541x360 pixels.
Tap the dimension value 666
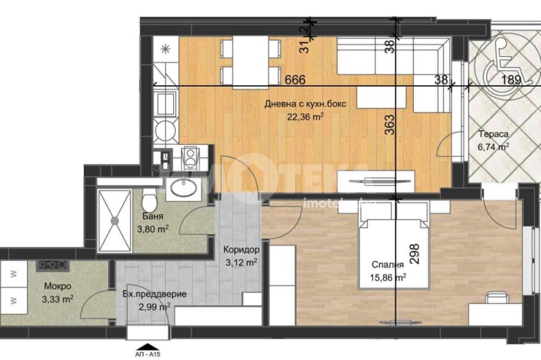tap(295, 80)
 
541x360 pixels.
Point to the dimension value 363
tap(390, 123)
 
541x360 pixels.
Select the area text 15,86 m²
tap(387, 277)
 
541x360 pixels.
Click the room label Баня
tap(151, 217)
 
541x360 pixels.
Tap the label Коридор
tap(240, 250)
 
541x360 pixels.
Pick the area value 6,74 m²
tap(493, 145)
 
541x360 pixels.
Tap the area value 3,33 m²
tap(57, 297)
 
